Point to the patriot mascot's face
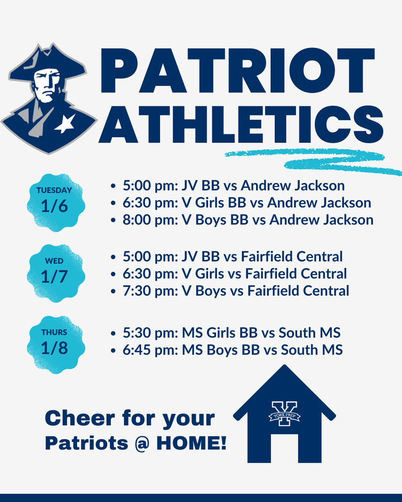47,86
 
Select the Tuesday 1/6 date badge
54,201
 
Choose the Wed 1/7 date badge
54,272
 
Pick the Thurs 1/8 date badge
54,343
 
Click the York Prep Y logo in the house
284,414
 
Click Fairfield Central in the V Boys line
298,291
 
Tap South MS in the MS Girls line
309,333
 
